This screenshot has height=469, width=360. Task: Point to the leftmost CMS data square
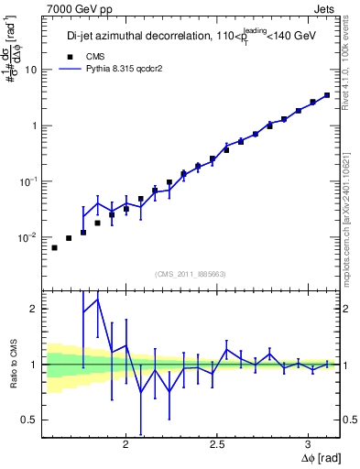pyautogui.click(x=54, y=247)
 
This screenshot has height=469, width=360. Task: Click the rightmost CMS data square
pyautogui.click(x=327, y=94)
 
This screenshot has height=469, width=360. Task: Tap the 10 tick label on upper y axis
pyautogui.click(x=30, y=70)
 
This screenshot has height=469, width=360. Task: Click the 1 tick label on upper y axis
pyautogui.click(x=33, y=125)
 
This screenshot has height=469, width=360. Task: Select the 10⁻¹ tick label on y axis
pyautogui.click(x=28, y=180)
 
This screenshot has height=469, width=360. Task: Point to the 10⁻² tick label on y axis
pyautogui.click(x=28, y=237)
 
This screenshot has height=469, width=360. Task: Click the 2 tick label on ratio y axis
pyautogui.click(x=33, y=309)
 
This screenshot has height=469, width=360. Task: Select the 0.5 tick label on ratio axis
pyautogui.click(x=29, y=420)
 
